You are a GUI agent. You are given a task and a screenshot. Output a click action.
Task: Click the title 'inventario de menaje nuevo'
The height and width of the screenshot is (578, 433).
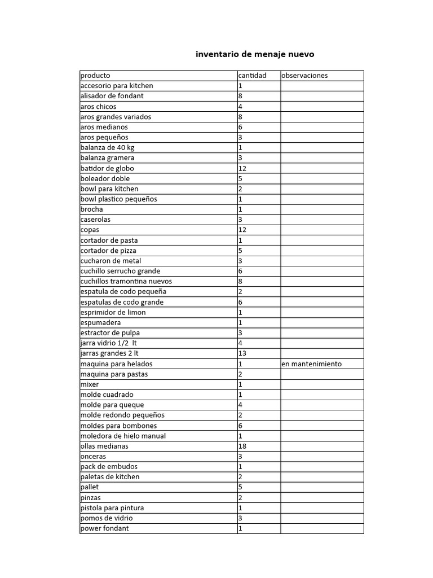tap(255, 54)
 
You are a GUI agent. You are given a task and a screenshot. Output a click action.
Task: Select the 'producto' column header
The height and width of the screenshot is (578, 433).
tap(95, 76)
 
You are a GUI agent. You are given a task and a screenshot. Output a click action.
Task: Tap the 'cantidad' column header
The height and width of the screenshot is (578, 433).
tap(252, 76)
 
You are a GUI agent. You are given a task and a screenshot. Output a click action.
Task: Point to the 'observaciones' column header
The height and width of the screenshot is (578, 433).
tap(304, 76)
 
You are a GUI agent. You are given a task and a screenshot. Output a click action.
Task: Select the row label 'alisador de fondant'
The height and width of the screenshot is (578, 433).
tap(112, 96)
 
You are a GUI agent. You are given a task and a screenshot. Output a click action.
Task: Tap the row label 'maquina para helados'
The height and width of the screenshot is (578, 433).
tap(116, 364)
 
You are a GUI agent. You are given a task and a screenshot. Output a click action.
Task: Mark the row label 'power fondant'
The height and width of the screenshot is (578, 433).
tap(105, 528)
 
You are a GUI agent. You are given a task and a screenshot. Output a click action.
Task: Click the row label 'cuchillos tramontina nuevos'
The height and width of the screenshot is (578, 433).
tap(126, 281)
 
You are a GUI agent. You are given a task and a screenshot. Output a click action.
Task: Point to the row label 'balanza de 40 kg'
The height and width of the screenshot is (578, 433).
tap(108, 147)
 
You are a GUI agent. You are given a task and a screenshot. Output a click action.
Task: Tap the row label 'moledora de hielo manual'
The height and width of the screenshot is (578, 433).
tap(123, 436)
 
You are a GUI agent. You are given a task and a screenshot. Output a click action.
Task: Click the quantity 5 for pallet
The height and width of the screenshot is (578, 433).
tap(241, 487)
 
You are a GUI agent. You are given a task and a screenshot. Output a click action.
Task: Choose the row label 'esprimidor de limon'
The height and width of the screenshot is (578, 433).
tap(113, 312)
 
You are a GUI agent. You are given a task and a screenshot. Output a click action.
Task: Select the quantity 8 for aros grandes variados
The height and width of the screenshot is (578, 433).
tap(241, 117)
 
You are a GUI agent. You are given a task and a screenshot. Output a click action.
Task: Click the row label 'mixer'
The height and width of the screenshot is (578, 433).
tap(90, 384)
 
